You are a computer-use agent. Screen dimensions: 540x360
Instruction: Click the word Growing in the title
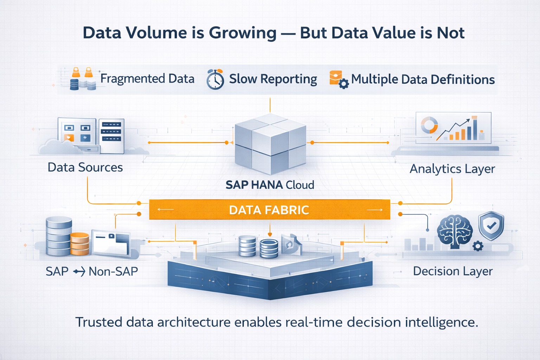point(243,33)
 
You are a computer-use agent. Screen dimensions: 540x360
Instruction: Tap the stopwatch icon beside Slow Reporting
point(215,79)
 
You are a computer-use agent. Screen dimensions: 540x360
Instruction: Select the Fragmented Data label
point(147,79)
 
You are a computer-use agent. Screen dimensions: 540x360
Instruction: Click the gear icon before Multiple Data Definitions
point(343,84)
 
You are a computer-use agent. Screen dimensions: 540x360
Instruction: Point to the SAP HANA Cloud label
point(270,185)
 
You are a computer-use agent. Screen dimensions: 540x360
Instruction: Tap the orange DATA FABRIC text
point(269,210)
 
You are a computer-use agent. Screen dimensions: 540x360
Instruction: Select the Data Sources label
point(85,167)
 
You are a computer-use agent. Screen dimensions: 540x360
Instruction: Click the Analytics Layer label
point(452,169)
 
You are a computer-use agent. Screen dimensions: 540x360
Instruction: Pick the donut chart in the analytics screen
point(429,125)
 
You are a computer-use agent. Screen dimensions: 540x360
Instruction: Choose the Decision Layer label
point(453,271)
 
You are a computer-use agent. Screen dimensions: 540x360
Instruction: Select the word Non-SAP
point(113,271)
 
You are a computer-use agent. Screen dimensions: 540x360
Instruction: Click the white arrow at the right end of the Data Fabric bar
point(374,210)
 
